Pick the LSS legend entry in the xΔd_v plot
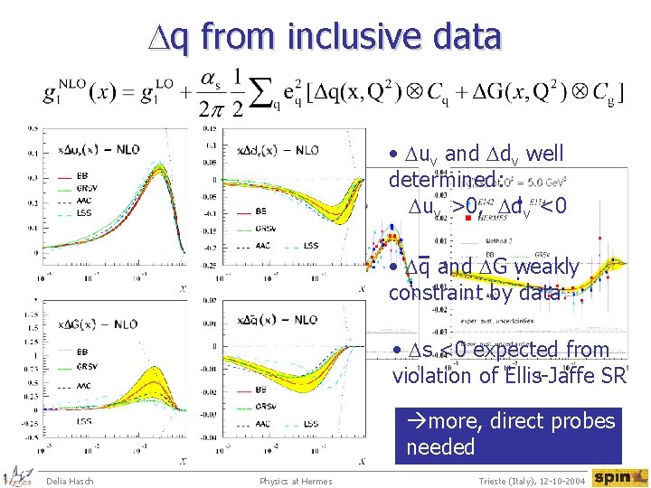point(310,245)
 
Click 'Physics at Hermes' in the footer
point(295,480)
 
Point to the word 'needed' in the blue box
point(440,446)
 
